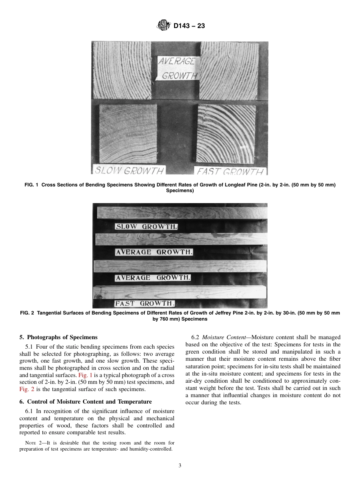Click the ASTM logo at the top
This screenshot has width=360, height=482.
163,26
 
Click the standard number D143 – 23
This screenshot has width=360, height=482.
189,26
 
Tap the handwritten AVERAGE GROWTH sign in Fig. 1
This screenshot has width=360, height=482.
178,69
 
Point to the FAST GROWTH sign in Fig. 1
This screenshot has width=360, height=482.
230,171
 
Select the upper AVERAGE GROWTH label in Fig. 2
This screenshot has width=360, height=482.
154,252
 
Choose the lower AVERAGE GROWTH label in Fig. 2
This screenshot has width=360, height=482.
153,278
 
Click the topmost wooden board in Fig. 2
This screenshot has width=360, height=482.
182,213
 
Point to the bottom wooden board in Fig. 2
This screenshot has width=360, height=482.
180,292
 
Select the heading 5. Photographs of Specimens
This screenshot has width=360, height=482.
58,337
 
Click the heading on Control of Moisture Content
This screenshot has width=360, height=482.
85,402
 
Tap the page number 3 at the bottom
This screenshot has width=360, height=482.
180,466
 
